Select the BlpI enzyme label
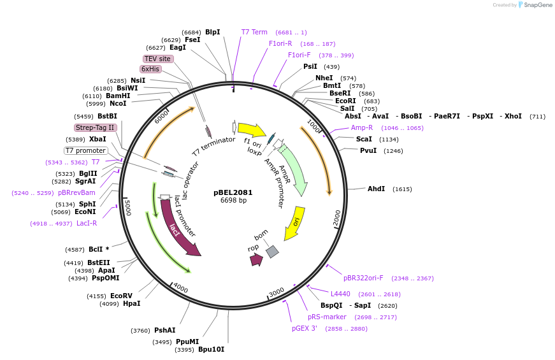212,32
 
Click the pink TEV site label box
157,59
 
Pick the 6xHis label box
150,69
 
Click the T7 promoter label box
86,150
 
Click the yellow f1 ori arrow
252,130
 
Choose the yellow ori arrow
294,222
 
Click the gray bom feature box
272,251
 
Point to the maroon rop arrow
256,259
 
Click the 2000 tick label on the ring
337,218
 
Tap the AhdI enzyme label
376,189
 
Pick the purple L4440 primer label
340,294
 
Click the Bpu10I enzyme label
211,349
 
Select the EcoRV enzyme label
121,296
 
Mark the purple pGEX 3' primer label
305,328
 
